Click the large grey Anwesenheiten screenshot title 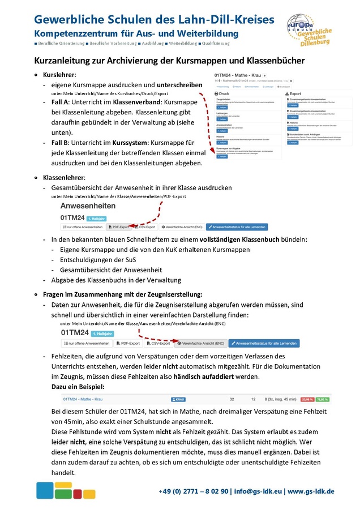point(88,206)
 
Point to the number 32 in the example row point(233,399)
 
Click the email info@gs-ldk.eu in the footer point(259,491)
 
